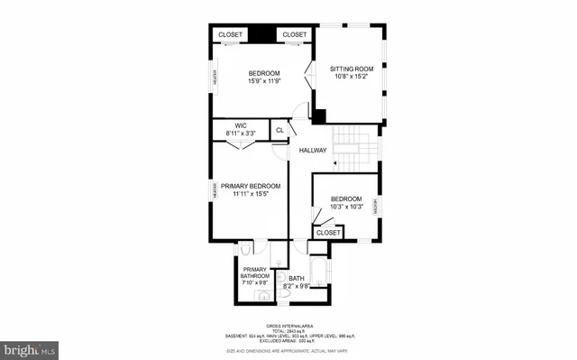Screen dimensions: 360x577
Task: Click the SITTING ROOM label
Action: click(x=351, y=69)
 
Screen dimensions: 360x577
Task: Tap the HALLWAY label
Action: click(x=313, y=150)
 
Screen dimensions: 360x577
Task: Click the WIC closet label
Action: click(x=241, y=125)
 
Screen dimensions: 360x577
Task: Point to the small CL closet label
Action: click(x=279, y=130)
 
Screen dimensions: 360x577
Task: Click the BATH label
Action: click(x=298, y=279)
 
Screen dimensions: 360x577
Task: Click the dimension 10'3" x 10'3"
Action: click(x=345, y=207)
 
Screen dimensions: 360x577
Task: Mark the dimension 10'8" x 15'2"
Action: click(x=351, y=77)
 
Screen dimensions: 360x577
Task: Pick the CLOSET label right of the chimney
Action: click(x=295, y=34)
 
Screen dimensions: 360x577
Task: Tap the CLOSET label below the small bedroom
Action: click(x=328, y=232)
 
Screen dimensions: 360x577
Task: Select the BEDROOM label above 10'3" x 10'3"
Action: click(x=345, y=198)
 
